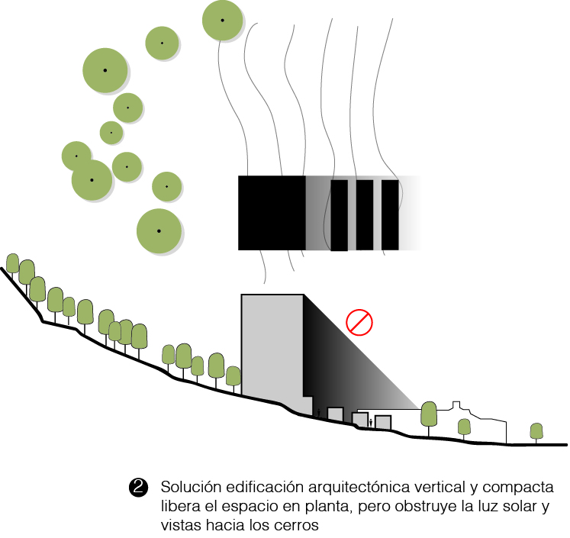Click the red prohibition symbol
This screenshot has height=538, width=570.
click(x=359, y=322)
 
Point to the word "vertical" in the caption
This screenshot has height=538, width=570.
click(x=436, y=488)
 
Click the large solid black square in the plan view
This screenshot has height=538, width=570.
click(x=272, y=213)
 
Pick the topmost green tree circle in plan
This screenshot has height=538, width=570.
click(x=223, y=20)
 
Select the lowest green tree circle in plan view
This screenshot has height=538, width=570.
click(x=159, y=230)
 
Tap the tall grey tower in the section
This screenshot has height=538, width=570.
click(x=272, y=347)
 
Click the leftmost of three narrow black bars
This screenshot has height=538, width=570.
click(x=339, y=215)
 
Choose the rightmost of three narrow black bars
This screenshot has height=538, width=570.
click(x=390, y=214)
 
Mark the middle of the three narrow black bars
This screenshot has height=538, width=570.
click(x=365, y=214)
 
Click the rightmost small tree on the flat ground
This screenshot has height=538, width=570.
click(x=536, y=431)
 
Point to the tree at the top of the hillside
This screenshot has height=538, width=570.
click(x=12, y=263)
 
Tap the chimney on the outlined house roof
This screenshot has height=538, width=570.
click(x=458, y=404)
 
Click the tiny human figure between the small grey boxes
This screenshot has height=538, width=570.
click(x=370, y=421)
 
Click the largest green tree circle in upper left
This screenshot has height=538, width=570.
click(x=105, y=70)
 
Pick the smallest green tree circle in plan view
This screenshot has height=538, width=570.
click(x=111, y=132)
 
